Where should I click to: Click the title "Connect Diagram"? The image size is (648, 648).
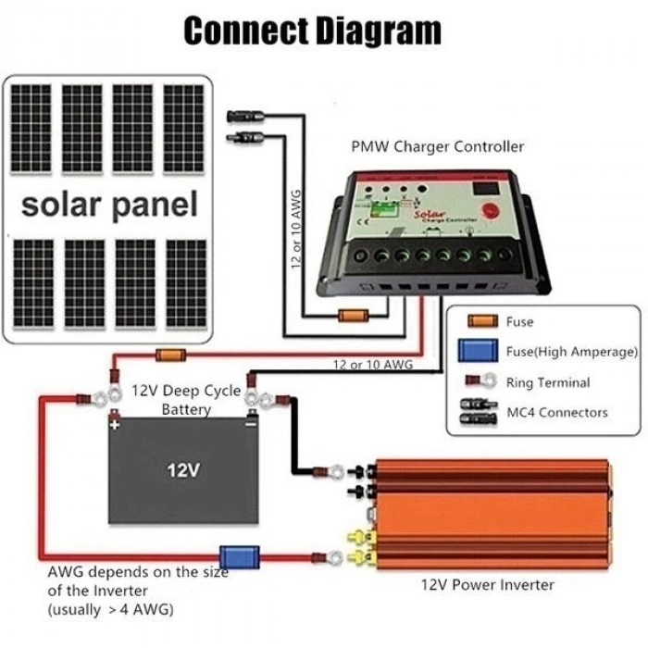coord(312,31)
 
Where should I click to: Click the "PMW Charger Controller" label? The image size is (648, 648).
coord(437,146)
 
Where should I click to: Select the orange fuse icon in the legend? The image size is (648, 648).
coord(480,322)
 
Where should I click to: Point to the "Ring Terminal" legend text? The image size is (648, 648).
coord(547,382)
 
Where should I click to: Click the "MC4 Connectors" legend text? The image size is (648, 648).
coord(556,412)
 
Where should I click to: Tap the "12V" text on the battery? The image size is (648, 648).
coord(182,469)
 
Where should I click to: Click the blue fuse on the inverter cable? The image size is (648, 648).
coord(243,557)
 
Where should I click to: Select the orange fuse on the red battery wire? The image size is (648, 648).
coord(170,355)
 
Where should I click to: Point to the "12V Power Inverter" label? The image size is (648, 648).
coord(488,585)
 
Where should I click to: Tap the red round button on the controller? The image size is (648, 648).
coord(492,206)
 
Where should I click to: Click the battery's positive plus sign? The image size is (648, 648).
coord(114,425)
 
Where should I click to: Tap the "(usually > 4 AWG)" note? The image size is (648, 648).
coord(110,608)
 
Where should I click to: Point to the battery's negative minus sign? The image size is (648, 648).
coord(250,425)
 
